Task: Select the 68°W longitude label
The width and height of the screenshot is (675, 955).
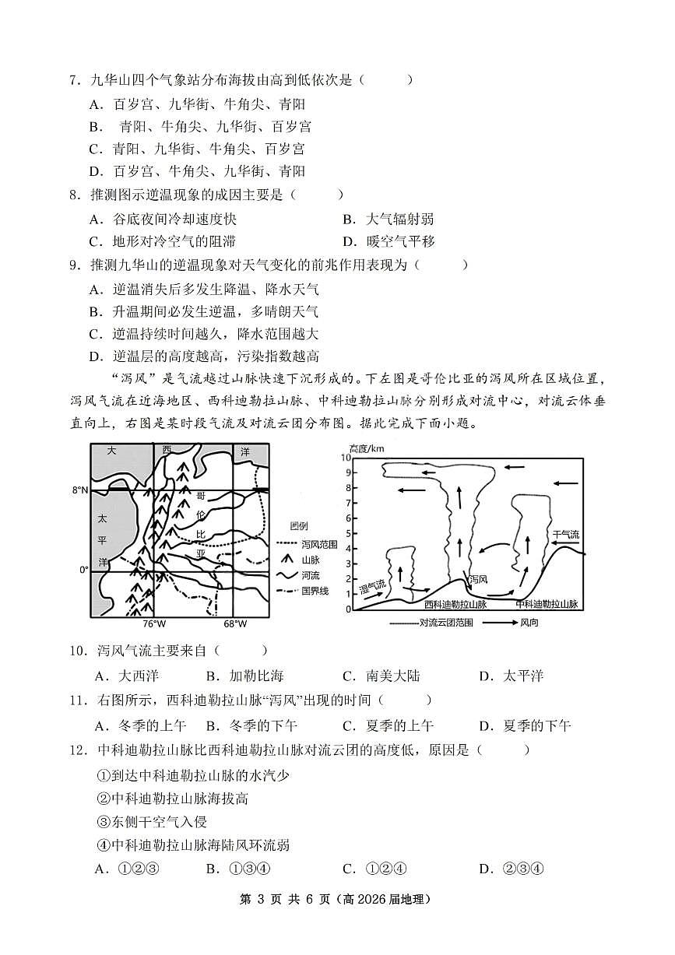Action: (x=235, y=623)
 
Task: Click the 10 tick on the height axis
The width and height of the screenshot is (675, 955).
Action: (x=348, y=458)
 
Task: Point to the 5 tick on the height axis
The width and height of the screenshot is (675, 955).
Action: (x=350, y=533)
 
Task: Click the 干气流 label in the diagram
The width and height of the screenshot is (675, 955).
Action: (x=566, y=534)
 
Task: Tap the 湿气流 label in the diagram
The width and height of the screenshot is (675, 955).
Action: (x=371, y=586)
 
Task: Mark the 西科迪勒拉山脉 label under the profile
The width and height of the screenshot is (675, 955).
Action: (x=455, y=604)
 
